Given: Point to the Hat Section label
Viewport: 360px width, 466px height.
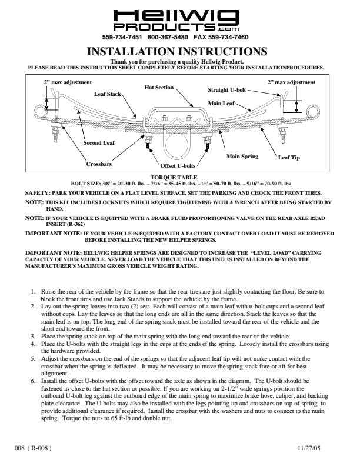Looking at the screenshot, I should [x=159, y=88].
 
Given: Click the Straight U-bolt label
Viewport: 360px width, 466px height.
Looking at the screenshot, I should [x=227, y=91].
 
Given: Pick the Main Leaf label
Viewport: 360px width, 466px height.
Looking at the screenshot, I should [x=221, y=103].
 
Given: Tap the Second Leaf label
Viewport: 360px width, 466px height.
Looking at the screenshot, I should [x=99, y=142].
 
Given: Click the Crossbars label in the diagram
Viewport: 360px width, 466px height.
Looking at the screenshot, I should [x=99, y=164].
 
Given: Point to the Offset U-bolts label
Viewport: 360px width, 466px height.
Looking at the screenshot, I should [x=178, y=166].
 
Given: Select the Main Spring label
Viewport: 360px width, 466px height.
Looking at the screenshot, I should [x=242, y=157].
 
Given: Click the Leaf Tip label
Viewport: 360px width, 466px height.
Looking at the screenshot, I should [x=289, y=158].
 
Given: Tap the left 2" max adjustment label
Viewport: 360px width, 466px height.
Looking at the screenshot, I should [x=68, y=82].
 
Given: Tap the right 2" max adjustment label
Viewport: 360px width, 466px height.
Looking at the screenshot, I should [x=291, y=82].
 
